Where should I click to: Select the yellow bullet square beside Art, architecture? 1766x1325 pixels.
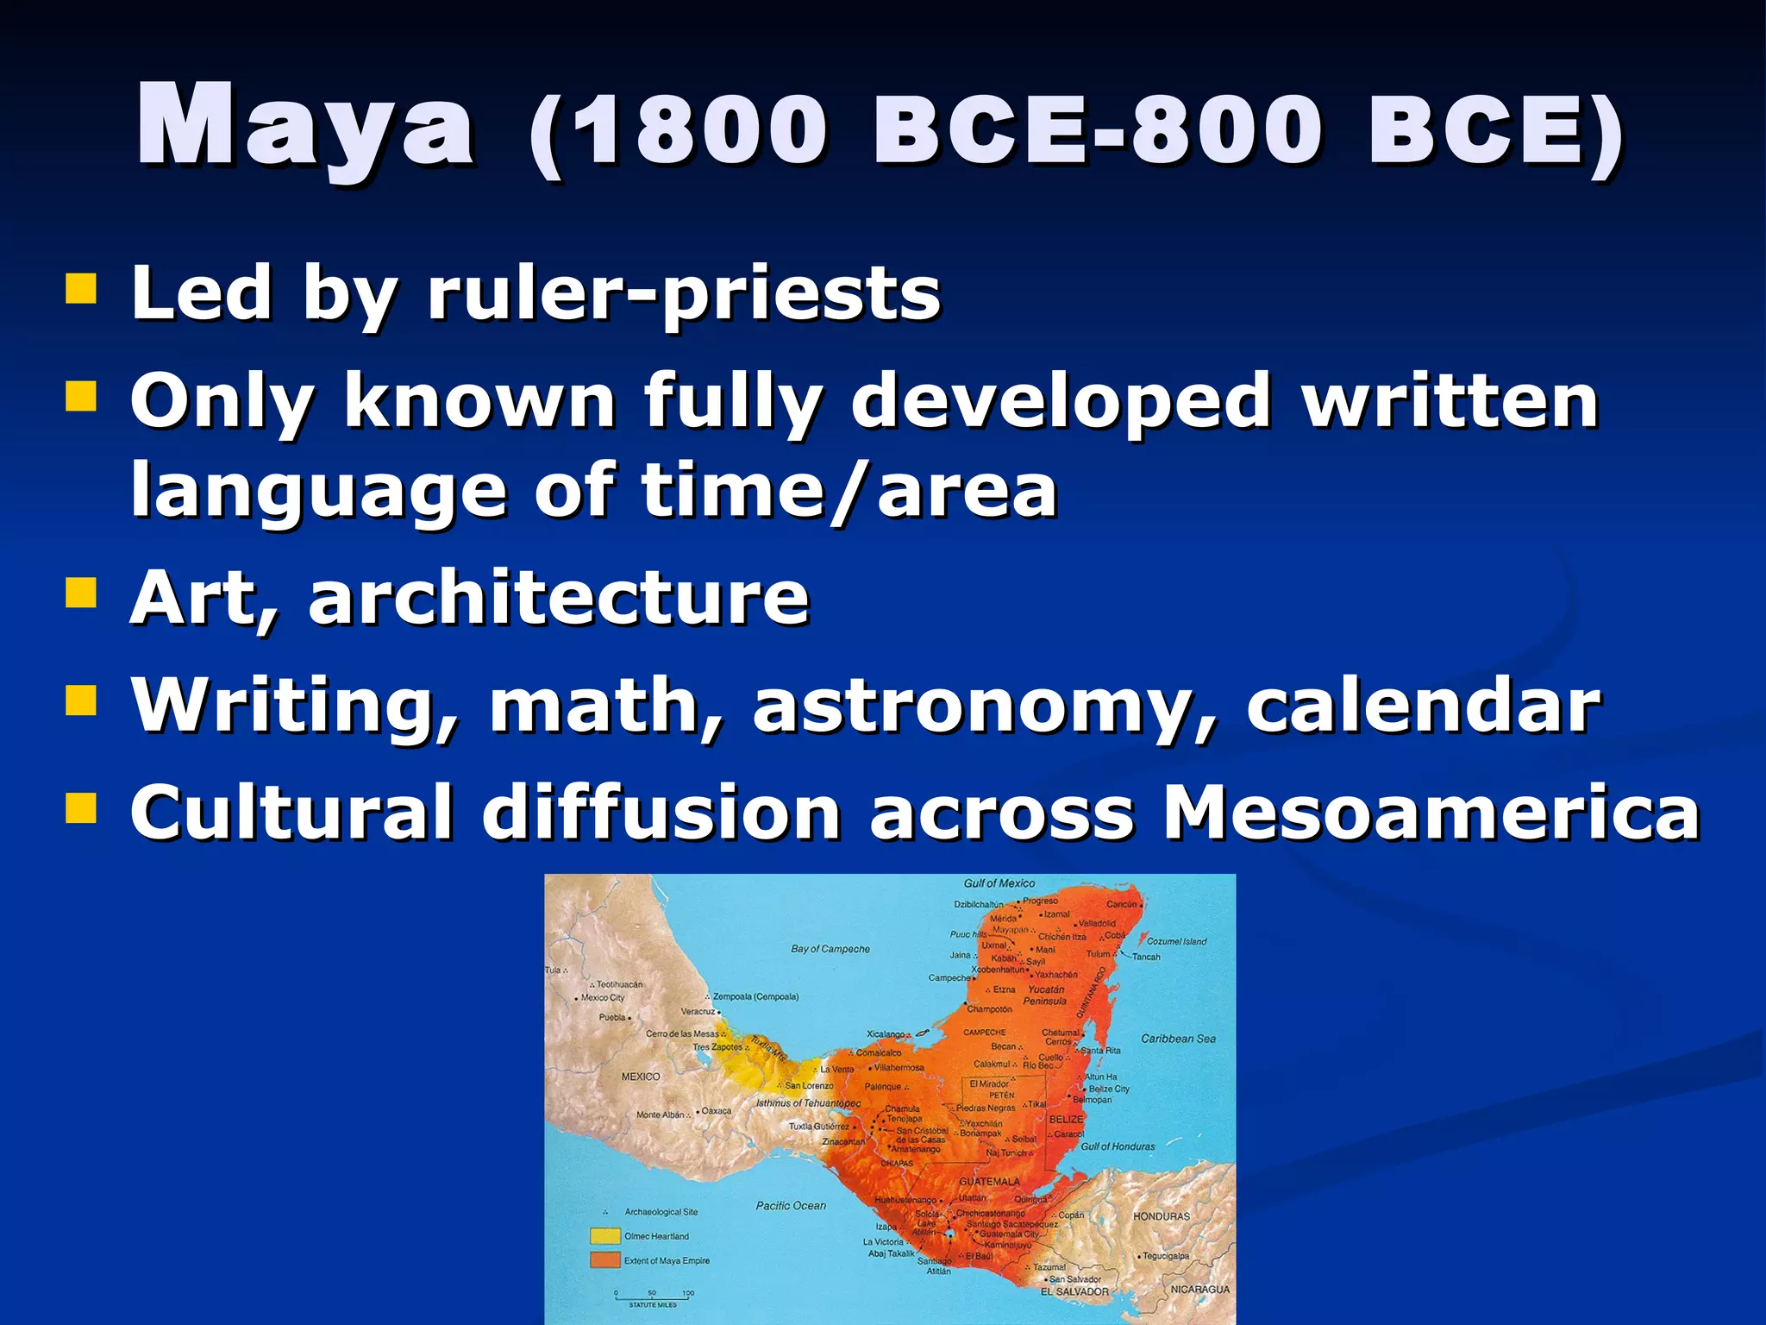coord(81,593)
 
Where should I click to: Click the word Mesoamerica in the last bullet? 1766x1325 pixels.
coord(1431,813)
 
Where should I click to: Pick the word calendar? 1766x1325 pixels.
coord(1423,706)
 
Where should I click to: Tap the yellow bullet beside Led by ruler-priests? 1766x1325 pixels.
coord(81,289)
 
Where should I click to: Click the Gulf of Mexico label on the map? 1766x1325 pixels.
coord(999,883)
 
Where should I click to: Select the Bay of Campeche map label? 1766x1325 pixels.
coord(830,949)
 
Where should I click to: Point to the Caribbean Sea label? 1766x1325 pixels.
coord(1178,1039)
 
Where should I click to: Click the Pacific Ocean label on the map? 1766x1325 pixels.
coord(791,1206)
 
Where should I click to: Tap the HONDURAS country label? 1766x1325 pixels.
coord(1161,1216)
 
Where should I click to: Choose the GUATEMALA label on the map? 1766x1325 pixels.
coord(989,1182)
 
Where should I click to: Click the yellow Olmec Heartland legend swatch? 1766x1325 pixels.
coord(604,1236)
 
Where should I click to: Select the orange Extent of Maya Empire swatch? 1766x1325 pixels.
coord(604,1260)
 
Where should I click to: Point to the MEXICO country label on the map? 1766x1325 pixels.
coord(641,1077)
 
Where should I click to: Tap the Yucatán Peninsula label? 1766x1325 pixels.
coord(1045,995)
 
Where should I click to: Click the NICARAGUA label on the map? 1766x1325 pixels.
coord(1199,1290)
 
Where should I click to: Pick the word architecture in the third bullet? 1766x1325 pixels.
coord(559,599)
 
